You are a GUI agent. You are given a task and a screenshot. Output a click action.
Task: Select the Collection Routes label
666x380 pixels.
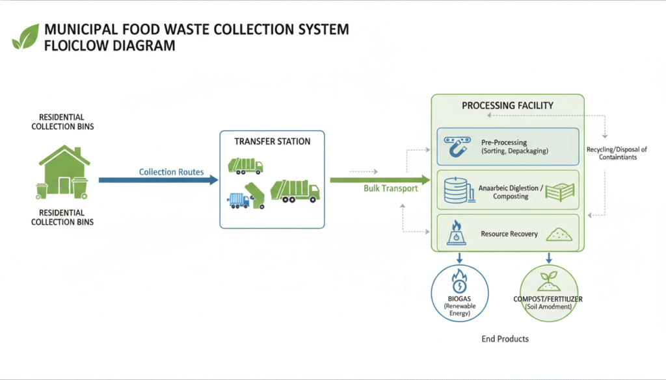click(x=171, y=172)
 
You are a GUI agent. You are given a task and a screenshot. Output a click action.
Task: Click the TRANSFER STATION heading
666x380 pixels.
click(x=272, y=141)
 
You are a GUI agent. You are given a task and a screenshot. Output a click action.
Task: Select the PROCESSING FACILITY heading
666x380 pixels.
click(x=508, y=105)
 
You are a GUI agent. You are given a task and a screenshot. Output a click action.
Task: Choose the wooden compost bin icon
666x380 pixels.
click(x=559, y=192)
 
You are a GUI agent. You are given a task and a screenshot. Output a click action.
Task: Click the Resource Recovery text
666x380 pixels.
click(x=509, y=233)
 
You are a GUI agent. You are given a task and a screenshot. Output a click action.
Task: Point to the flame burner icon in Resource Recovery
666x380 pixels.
click(x=457, y=233)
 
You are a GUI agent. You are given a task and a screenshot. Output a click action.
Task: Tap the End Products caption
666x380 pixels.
click(x=505, y=339)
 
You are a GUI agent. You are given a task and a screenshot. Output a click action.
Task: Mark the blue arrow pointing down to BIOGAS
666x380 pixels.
click(x=459, y=257)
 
